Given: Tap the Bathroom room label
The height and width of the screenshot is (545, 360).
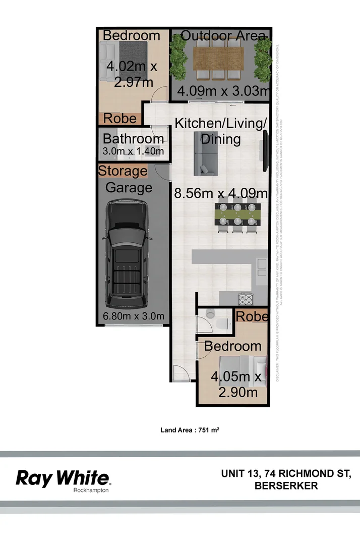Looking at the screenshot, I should click(133, 139).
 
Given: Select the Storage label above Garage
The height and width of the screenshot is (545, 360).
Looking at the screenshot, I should click(123, 171).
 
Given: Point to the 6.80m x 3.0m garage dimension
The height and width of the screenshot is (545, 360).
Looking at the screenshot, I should click(134, 316).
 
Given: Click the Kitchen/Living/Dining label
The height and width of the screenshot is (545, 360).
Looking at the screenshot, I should click(220, 130).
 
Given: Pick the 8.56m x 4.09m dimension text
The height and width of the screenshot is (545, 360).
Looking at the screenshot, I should click(220, 193).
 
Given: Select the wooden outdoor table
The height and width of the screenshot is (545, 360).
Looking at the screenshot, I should click(218, 59).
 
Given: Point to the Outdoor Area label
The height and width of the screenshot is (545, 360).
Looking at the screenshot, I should click(222, 35).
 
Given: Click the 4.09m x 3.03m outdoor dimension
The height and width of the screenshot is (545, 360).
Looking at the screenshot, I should click(222, 91).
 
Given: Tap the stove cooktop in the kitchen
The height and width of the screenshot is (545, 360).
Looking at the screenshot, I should click(246, 299).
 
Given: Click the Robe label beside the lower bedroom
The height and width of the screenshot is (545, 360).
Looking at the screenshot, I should click(252, 316).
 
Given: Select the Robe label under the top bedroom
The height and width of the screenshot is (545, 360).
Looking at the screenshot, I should click(120, 118).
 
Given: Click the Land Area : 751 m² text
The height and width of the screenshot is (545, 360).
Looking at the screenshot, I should click(189, 430).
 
